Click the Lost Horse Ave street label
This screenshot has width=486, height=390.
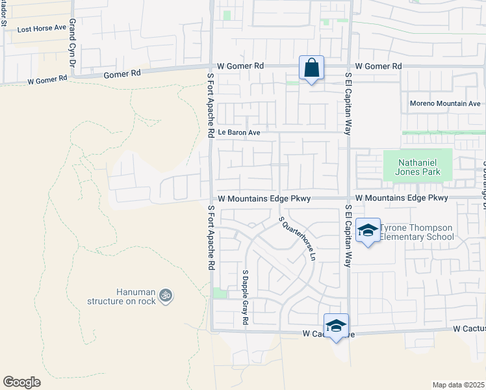click(42, 29)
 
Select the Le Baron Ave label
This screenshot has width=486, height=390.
click(238, 133)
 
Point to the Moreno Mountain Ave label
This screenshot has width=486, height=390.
click(445, 103)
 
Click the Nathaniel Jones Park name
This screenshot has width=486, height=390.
click(416, 166)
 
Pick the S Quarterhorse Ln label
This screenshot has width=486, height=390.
click(297, 238)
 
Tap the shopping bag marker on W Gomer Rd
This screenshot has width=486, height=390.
click(311, 68)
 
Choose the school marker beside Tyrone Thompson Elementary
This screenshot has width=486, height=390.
click(368, 231)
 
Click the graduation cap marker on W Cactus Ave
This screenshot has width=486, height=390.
click(336, 326)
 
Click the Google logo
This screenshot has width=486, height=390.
click(21, 382)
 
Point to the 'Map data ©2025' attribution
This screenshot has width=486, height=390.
click(458, 385)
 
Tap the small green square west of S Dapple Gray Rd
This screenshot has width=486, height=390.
click(220, 294)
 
